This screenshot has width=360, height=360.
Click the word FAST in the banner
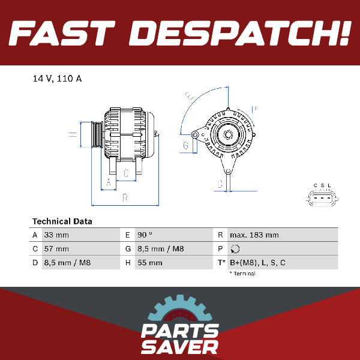pos(62,33)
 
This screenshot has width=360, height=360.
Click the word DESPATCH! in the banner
pos(240,33)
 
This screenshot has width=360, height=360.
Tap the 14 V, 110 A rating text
pos(57,79)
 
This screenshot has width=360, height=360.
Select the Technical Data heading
pos(62,221)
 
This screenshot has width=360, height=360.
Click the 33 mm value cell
pos(56,235)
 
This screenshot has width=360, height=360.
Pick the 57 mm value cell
pos(56,248)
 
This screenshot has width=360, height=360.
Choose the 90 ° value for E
pos(145,235)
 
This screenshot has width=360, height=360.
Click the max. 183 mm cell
pos(254,235)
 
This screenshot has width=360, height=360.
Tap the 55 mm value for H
pos(149,262)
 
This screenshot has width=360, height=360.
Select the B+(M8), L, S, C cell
pos(257,262)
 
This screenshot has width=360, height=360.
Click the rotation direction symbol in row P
pos(235,249)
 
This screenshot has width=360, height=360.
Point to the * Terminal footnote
pos(242,274)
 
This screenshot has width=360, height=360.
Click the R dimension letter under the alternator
pos(125,197)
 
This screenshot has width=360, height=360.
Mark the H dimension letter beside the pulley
pos(73,134)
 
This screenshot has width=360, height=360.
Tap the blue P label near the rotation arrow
pos(254,110)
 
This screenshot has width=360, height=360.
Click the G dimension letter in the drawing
pos(186,146)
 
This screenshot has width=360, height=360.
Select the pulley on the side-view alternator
pos(97,135)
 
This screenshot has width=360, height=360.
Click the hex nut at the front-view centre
pos(228,135)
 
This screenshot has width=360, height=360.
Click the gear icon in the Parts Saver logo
pos(180,309)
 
